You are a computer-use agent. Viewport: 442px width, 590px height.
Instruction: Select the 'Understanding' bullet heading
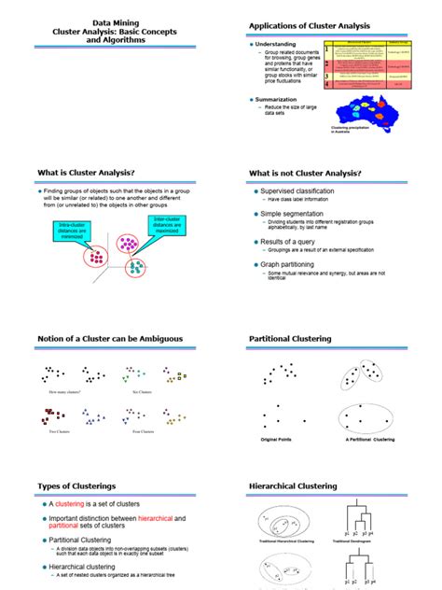tap(278, 45)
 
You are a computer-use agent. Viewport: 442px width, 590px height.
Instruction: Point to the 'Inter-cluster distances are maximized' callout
tap(166, 225)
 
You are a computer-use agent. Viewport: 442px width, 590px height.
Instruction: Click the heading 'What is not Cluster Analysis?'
tap(305, 174)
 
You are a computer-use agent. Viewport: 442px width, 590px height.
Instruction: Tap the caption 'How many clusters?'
tap(64, 392)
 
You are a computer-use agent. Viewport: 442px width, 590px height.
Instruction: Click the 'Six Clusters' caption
tap(142, 392)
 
